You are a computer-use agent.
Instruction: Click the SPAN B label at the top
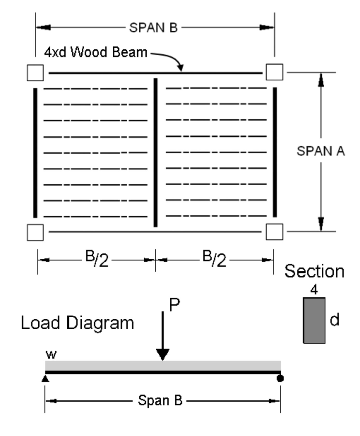click(154, 28)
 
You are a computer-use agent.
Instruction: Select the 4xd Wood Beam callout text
click(96, 53)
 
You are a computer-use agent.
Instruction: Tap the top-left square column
click(35, 73)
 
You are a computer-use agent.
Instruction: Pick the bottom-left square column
click(35, 232)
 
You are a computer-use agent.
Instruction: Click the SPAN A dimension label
click(321, 152)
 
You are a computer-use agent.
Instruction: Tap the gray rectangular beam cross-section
click(314, 320)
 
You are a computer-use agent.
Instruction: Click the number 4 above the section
click(314, 291)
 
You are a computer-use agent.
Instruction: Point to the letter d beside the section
click(335, 320)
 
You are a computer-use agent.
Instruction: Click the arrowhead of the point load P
click(162, 354)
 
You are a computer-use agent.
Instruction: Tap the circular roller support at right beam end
click(280, 378)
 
